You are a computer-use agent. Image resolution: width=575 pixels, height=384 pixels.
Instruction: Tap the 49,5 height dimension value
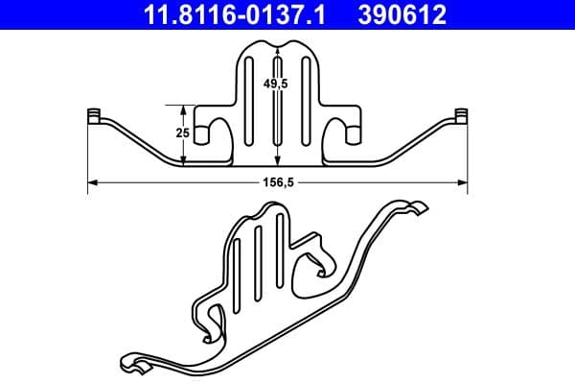pos(278,84)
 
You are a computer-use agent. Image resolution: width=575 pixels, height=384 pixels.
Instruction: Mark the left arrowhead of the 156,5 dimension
pos(92,182)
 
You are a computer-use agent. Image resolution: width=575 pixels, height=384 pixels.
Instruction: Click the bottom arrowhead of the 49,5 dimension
pos(278,163)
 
